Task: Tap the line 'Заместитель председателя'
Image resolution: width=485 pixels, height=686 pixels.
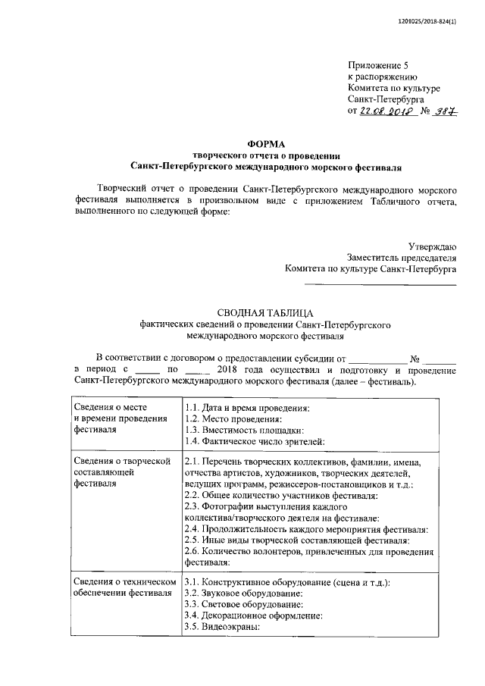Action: click(402, 257)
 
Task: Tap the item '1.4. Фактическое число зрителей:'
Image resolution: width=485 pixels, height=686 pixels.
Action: click(255, 442)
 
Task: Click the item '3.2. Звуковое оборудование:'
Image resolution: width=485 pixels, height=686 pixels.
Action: click(242, 593)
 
